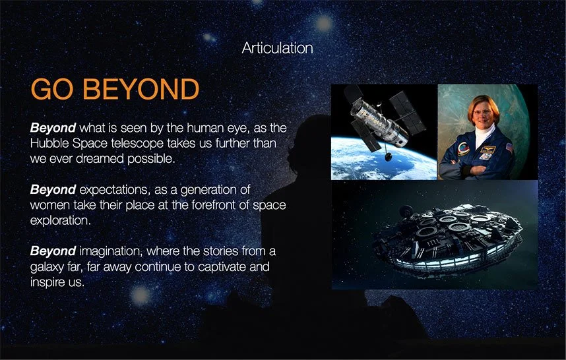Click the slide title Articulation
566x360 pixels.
[277, 48]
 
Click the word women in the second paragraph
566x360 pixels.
[49, 205]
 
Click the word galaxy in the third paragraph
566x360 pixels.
[47, 268]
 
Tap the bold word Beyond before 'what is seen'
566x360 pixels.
[53, 127]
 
